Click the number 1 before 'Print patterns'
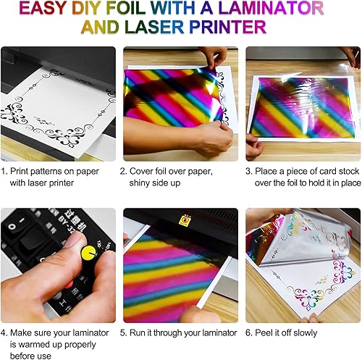[6, 171]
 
